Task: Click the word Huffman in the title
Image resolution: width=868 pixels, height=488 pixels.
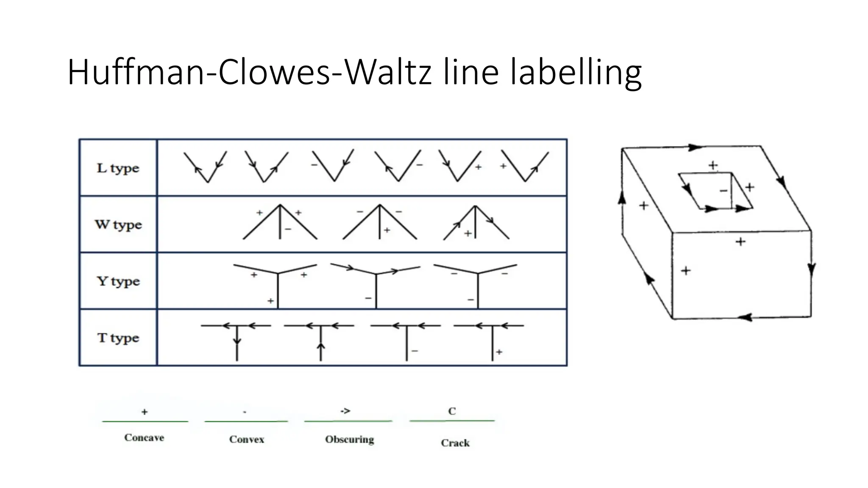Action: coord(136,72)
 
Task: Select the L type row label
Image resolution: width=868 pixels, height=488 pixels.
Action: coord(118,168)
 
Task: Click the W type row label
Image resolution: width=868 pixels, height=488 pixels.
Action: coord(118,225)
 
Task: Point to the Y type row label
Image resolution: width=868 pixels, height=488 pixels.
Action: coord(118,281)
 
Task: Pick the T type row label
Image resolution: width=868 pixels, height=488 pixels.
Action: coord(118,338)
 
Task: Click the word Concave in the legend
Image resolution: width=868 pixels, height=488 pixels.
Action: coord(144,438)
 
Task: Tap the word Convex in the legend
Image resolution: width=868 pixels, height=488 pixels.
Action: coord(247,439)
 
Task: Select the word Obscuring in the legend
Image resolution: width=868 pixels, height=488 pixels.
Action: coord(350,439)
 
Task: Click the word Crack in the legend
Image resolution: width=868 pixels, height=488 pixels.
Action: coord(455,443)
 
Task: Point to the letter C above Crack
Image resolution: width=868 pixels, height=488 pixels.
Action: coord(452,411)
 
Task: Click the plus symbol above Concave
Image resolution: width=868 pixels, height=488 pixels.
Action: coord(145,412)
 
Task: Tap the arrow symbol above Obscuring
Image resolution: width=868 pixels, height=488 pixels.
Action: coord(345,411)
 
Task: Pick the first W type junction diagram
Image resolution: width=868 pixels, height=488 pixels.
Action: coord(280,223)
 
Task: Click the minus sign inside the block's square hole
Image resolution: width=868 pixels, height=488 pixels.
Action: coord(723,191)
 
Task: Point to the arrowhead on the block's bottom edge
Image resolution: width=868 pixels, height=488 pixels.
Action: coord(745,317)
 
